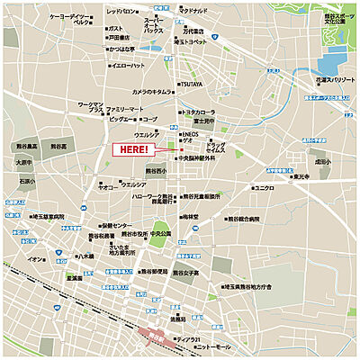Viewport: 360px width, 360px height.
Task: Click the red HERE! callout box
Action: coord(130,149)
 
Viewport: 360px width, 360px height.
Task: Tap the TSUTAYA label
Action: coord(191,85)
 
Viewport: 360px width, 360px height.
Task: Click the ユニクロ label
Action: coord(265,188)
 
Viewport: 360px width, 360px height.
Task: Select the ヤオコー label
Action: coord(106,187)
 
